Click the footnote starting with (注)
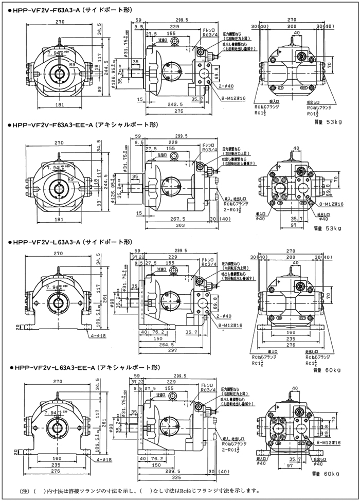[x=134, y=490]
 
